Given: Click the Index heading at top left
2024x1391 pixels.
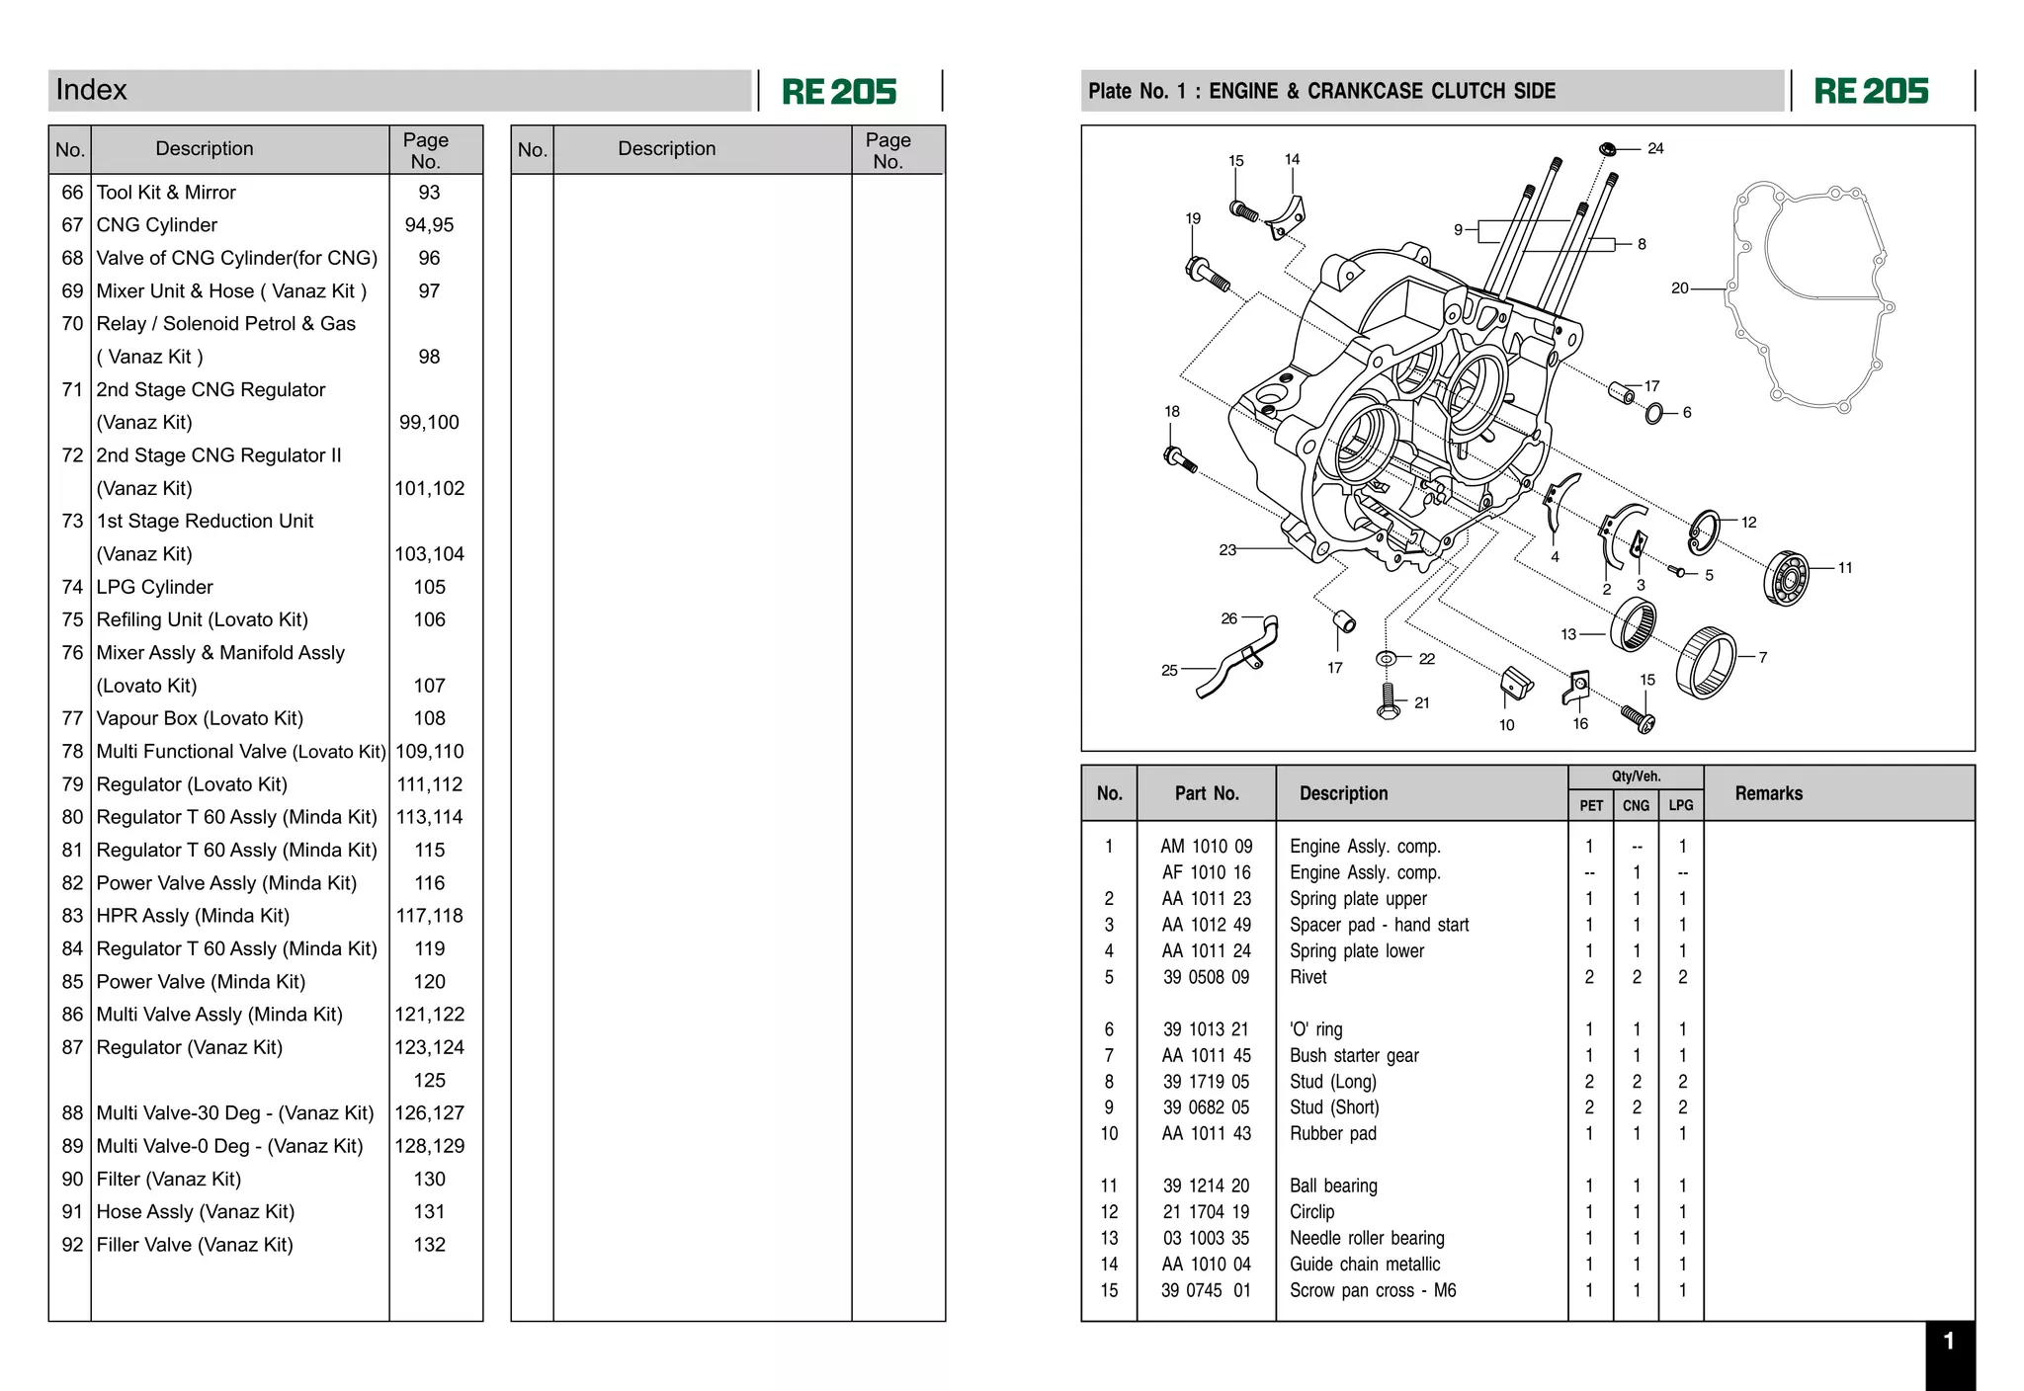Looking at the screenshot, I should (92, 90).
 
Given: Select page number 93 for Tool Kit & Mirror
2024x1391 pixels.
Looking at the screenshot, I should (429, 193).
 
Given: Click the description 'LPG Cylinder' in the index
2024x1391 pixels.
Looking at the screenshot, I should (154, 587).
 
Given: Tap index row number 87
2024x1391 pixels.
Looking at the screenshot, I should (72, 1047).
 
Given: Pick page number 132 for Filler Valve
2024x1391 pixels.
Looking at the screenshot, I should (429, 1245).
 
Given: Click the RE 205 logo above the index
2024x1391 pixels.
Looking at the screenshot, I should (839, 92).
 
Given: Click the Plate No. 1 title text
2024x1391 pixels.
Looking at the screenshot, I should (1321, 91).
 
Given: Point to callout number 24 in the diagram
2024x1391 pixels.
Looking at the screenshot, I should (1655, 148).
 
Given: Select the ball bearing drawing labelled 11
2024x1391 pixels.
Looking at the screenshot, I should (1786, 578).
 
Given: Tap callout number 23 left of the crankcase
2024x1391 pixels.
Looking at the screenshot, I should (1227, 549).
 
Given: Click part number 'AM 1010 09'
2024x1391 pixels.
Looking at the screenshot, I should (1206, 847).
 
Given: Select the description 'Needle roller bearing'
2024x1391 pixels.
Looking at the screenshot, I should (1366, 1238).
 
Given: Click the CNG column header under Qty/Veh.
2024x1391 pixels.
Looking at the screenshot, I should (1636, 805).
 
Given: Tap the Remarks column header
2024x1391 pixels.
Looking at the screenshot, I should (1768, 793).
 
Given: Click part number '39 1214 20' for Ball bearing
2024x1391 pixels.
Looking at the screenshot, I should (1206, 1186).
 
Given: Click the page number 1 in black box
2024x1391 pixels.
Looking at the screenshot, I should (1948, 1341).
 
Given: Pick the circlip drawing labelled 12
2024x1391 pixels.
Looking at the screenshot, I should (1704, 532).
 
